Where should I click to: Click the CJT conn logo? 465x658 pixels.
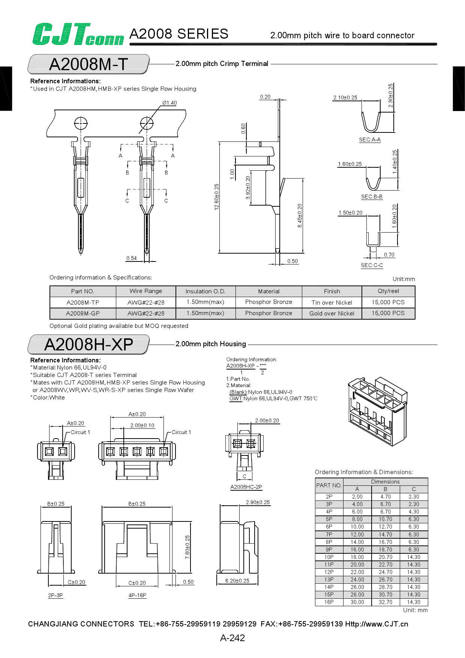pos(78,35)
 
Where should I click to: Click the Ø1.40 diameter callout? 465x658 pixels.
pos(169,103)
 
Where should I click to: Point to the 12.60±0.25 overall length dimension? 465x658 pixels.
pos(217,197)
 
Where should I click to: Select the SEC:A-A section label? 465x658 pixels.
pos(370,140)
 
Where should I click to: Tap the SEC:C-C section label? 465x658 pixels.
pos(372,265)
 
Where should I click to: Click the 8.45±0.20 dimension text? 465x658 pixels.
pos(300,216)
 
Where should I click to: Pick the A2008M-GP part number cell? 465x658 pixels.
pos(83,313)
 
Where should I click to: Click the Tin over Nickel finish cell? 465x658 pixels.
pos(331,302)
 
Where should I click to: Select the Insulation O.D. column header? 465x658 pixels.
pos(205,291)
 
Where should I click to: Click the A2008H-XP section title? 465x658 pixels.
pos(88,344)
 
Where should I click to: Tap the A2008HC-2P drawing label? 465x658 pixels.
pos(246,487)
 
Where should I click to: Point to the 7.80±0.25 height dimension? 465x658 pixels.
pos(187,547)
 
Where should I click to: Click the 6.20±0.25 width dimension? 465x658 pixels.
pos(237,581)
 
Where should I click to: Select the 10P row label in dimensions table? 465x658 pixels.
pos(329,557)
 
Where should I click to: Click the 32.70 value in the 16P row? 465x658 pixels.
pos(385,602)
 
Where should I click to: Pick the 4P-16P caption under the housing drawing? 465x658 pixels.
pos(137,595)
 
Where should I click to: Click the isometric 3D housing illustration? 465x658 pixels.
pos(377,411)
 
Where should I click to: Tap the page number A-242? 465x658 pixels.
pos(232,638)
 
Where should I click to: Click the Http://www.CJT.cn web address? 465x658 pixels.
pos(376,624)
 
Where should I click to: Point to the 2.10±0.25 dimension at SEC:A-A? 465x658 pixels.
pos(345,98)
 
